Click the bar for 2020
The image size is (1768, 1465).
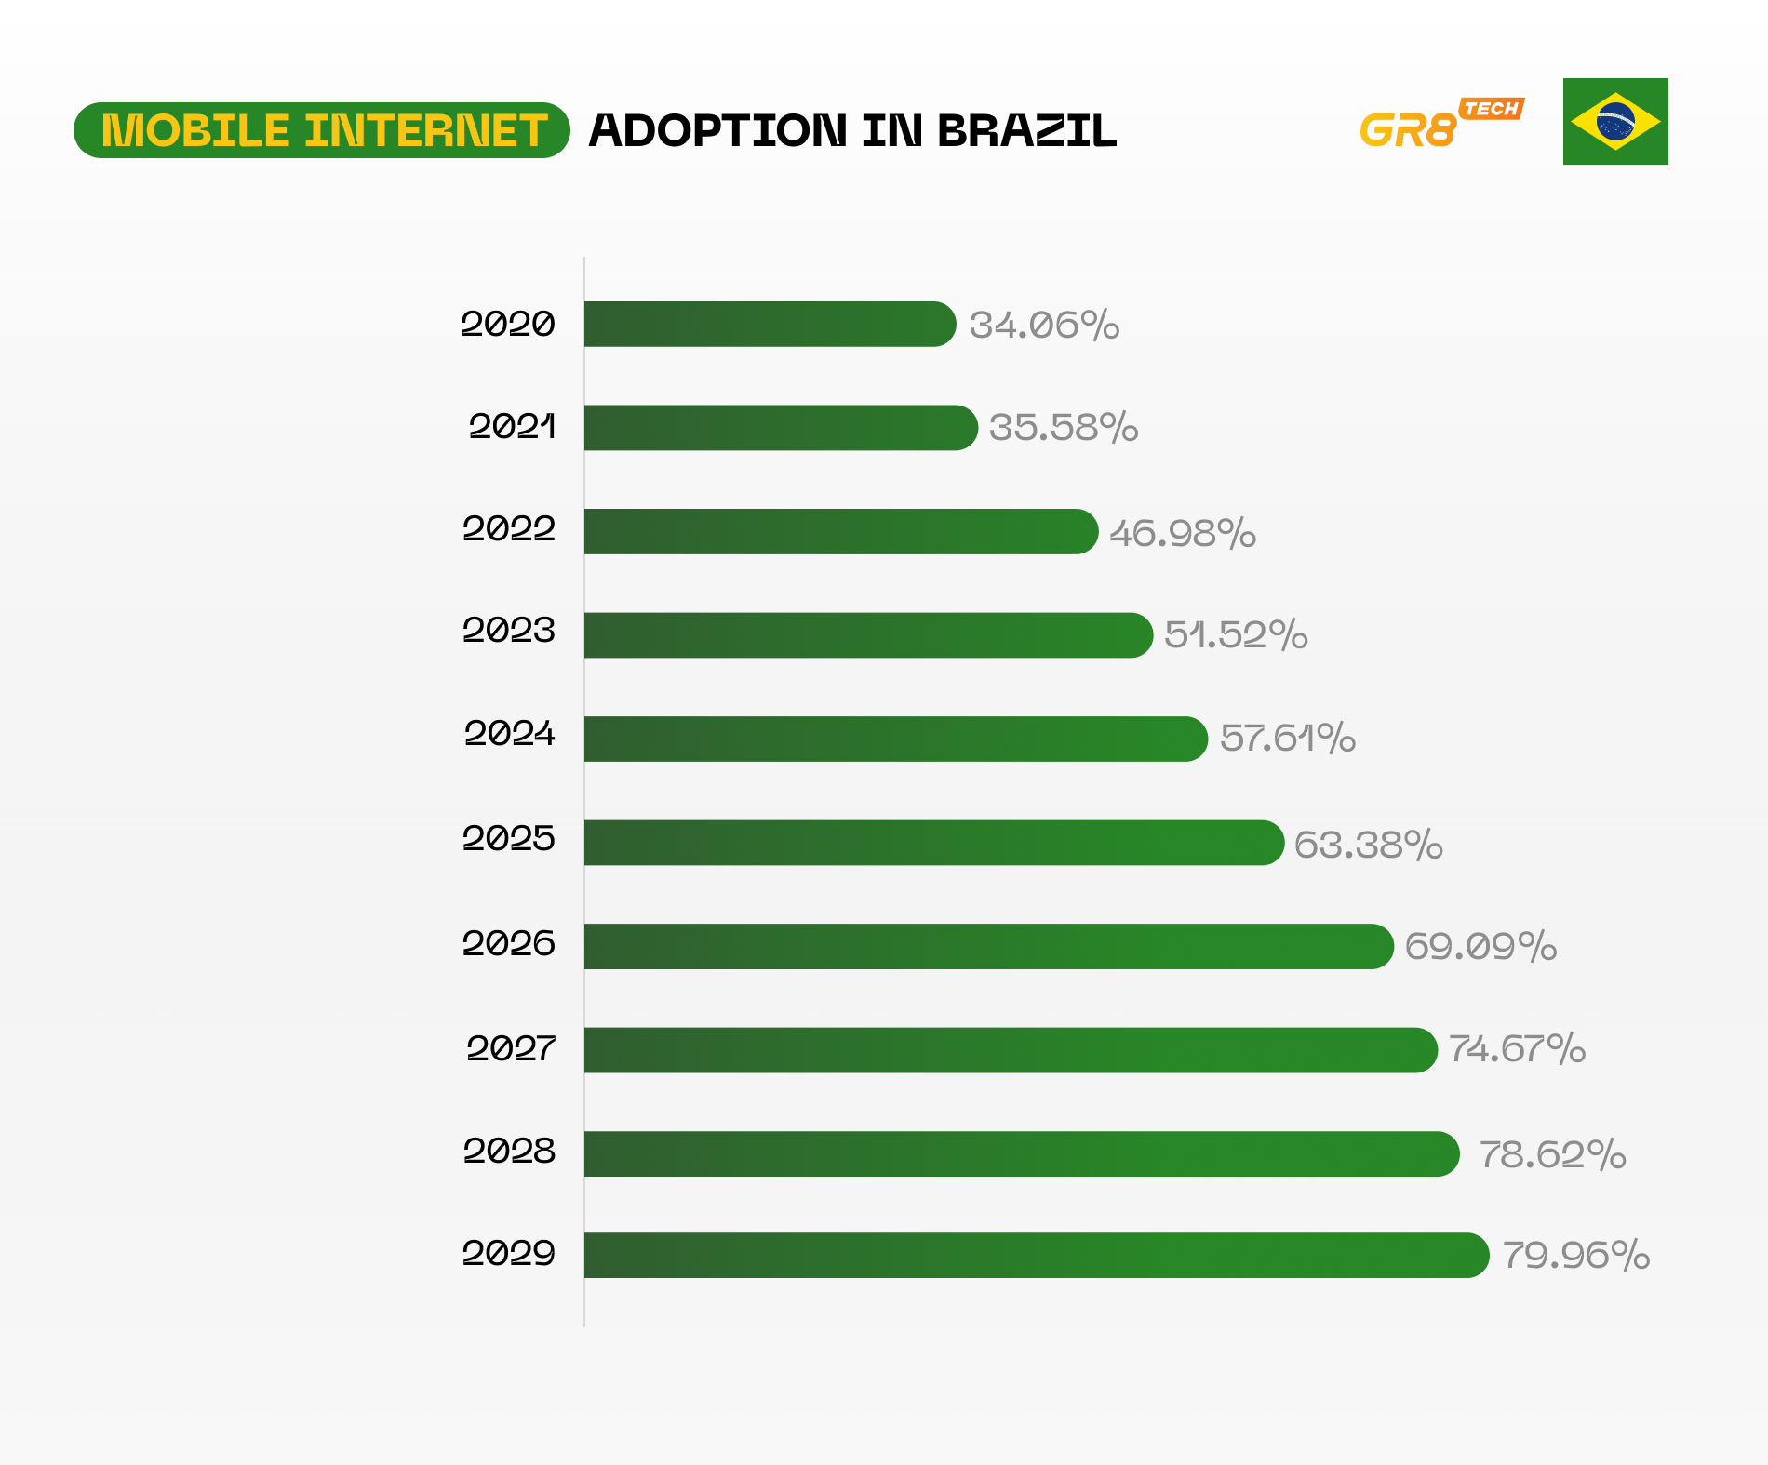click(770, 324)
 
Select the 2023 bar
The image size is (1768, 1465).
click(868, 635)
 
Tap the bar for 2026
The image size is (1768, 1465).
click(988, 946)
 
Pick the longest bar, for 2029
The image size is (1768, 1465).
click(1036, 1256)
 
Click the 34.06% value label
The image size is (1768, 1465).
click(1044, 325)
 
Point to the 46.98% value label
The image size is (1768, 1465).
click(1182, 533)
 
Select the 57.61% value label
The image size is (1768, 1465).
click(1287, 738)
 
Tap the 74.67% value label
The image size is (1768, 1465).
click(1517, 1049)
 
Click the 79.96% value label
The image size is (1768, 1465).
click(1575, 1256)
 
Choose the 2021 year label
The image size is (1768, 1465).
click(512, 427)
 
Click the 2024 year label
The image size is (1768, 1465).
click(510, 734)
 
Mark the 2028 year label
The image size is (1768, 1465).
click(509, 1152)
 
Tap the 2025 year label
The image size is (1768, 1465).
click(508, 839)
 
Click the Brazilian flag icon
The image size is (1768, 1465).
click(1615, 122)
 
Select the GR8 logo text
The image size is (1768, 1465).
click(1407, 131)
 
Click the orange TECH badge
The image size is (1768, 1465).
click(1491, 109)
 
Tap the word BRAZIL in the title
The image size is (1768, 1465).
click(1026, 131)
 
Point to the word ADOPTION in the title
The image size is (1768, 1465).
click(718, 131)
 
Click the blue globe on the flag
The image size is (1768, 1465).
click(1615, 122)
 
